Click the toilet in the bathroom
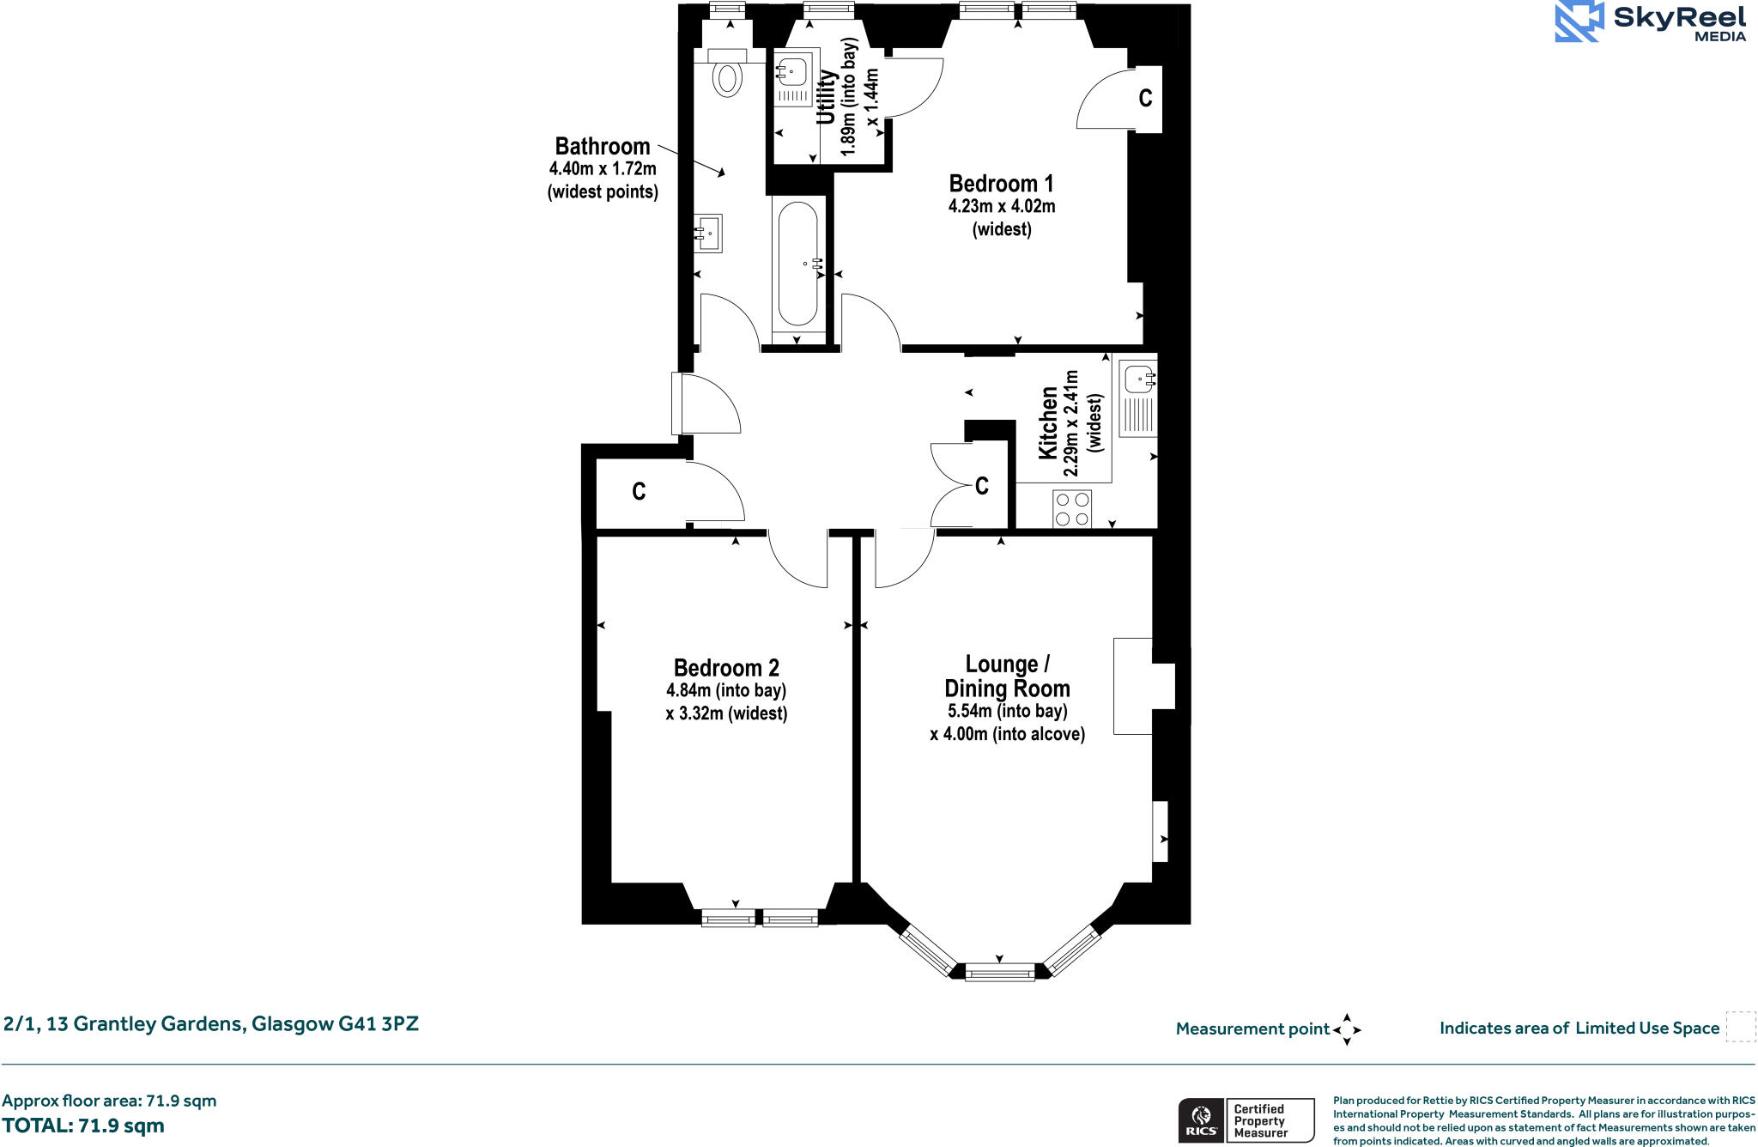click(728, 77)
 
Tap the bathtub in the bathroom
click(798, 264)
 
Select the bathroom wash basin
click(709, 234)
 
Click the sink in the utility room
click(793, 72)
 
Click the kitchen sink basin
click(1140, 379)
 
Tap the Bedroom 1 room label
click(1001, 184)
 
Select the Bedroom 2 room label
click(726, 668)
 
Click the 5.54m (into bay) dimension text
click(1007, 711)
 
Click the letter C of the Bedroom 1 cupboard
click(1145, 99)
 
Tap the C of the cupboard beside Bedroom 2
click(639, 492)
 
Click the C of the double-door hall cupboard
click(982, 487)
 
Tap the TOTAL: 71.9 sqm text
click(83, 1126)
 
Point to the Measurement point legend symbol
click(1347, 1029)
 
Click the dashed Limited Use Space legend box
click(1740, 1027)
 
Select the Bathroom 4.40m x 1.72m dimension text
click(603, 169)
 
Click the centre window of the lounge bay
click(1000, 973)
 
